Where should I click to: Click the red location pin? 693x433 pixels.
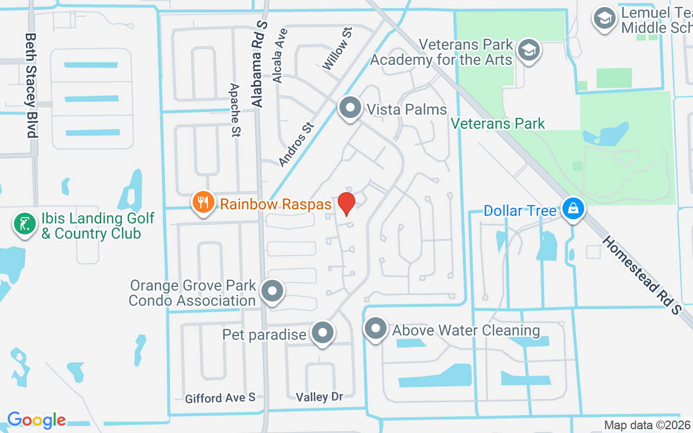[x=346, y=203]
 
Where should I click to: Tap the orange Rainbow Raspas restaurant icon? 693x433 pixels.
[x=203, y=202]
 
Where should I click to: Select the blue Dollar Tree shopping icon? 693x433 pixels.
[x=573, y=208]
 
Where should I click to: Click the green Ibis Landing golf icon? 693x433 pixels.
[x=24, y=225]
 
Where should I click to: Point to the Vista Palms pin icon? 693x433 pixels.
[x=350, y=107]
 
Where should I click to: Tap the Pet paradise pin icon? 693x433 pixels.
[x=323, y=332]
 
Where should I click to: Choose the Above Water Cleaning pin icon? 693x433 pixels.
[x=375, y=329]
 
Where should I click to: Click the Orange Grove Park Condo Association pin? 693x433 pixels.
[x=272, y=291]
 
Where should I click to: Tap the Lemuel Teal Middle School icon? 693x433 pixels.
[x=605, y=19]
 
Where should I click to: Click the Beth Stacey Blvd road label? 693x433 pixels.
[x=31, y=85]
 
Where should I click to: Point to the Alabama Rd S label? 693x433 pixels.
[x=259, y=64]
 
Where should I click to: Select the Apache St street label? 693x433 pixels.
[x=236, y=109]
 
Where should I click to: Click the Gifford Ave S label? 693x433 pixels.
[x=220, y=398]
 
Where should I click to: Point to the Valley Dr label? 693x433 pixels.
[x=319, y=397]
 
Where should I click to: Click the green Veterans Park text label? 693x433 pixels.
[x=498, y=123]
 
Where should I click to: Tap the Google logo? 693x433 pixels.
[x=36, y=419]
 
